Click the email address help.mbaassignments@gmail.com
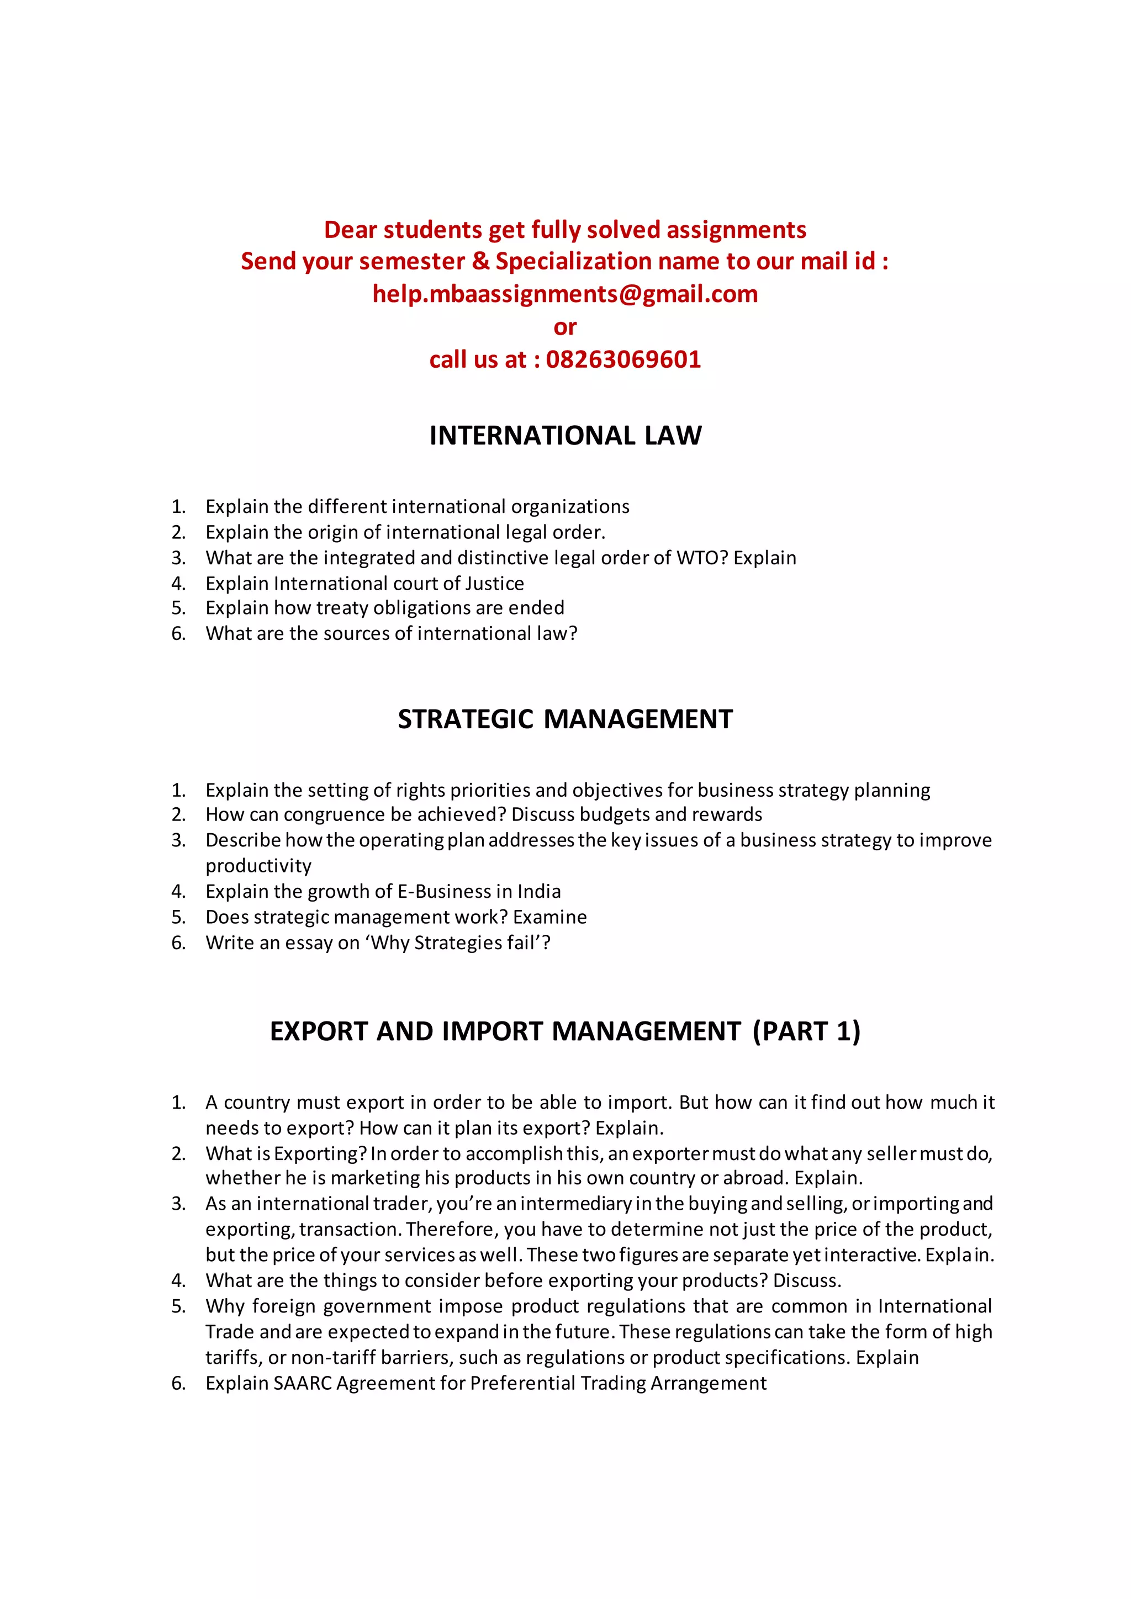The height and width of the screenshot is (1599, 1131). [x=565, y=294]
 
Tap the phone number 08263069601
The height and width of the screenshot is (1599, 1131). [x=623, y=359]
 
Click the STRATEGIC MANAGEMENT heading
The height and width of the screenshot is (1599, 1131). [x=565, y=719]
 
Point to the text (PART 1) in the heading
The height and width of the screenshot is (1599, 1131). [x=806, y=1031]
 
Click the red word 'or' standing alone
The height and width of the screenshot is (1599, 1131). [x=565, y=327]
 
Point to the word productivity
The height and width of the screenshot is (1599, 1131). [x=258, y=866]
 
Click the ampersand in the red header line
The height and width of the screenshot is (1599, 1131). [x=480, y=261]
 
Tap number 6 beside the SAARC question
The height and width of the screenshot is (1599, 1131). [x=178, y=1383]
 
